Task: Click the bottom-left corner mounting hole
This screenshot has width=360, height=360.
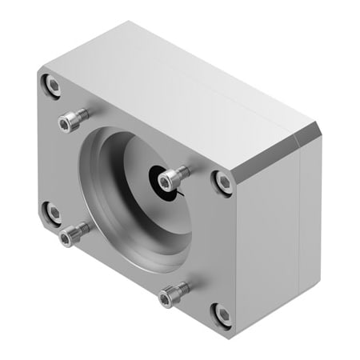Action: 52,211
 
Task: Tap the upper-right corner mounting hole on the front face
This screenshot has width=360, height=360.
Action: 224,182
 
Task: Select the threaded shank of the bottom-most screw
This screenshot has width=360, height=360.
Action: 181,290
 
